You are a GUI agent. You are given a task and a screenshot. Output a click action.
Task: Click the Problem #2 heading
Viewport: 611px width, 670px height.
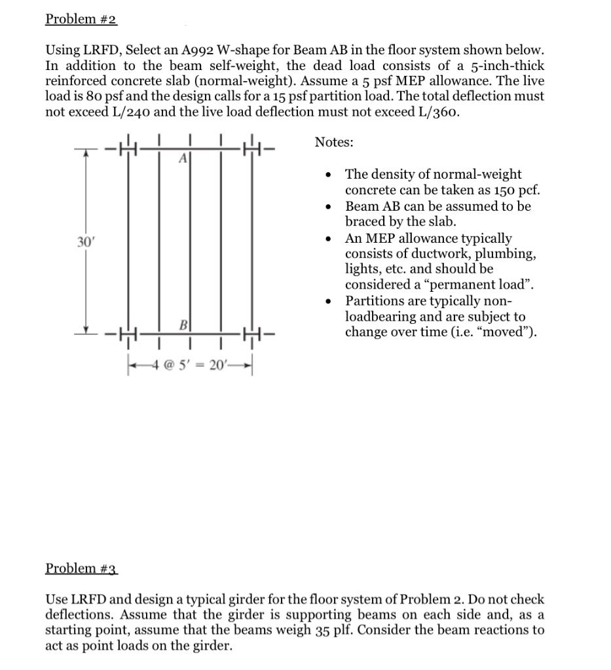point(81,19)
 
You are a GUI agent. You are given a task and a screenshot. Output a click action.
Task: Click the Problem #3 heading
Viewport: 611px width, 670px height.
point(81,568)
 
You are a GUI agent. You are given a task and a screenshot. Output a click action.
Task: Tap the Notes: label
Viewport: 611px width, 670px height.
point(334,142)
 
